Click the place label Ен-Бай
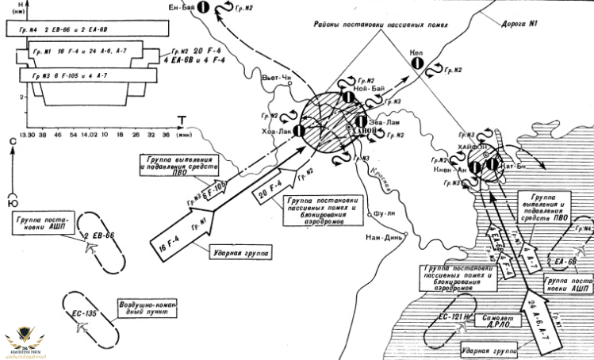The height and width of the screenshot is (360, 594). click(181, 7)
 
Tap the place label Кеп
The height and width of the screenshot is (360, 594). click(418, 53)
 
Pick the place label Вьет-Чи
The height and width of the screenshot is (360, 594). click(276, 77)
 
